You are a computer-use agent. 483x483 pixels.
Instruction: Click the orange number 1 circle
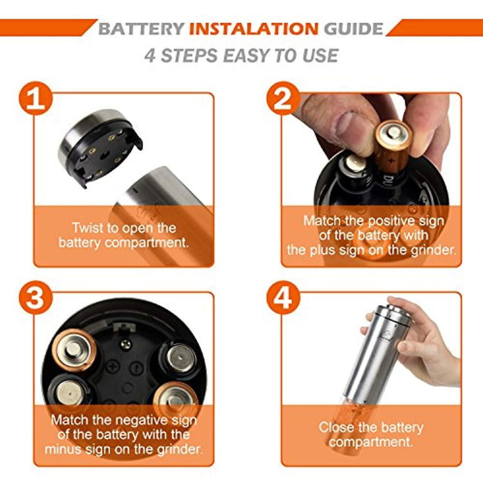(x=36, y=98)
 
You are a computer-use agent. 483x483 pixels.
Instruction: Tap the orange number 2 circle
(x=283, y=98)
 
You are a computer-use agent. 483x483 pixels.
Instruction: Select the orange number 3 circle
(x=36, y=298)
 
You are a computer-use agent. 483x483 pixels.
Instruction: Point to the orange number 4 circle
(x=283, y=298)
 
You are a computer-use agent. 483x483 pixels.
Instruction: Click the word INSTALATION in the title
(x=254, y=29)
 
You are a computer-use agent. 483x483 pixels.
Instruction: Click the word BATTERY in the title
(x=141, y=29)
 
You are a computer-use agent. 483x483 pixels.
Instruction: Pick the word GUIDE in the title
(x=353, y=29)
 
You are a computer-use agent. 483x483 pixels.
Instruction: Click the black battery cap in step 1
(x=100, y=147)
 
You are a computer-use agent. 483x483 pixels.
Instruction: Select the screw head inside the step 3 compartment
(x=126, y=344)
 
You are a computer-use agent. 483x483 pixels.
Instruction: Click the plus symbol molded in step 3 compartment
(x=114, y=367)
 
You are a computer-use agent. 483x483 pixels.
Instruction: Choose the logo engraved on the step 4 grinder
(x=386, y=335)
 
